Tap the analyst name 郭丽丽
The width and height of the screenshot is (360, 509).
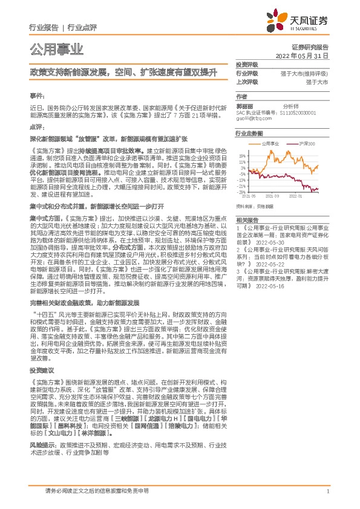coord(243,105)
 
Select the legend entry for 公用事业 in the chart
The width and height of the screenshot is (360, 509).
coord(267,144)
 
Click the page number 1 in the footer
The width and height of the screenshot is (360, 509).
coord(327,491)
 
